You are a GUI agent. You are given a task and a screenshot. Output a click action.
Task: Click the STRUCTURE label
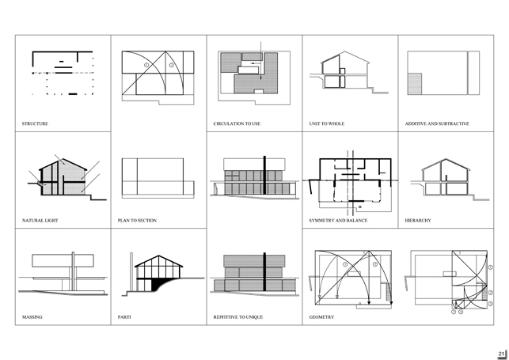(x=35, y=123)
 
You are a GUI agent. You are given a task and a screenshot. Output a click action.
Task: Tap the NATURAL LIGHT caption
(x=40, y=220)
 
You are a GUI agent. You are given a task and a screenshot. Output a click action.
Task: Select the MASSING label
(x=32, y=316)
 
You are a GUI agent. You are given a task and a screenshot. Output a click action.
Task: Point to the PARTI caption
(x=124, y=316)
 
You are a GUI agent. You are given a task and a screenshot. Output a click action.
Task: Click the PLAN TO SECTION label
(x=137, y=220)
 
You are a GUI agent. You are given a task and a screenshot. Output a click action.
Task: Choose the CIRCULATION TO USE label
(x=237, y=123)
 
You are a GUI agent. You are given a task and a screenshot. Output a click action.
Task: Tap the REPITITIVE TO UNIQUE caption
(x=238, y=316)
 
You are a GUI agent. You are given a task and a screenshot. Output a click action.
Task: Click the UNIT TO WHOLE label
(x=327, y=123)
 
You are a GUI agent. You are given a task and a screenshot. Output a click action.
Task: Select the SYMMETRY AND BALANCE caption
(x=338, y=220)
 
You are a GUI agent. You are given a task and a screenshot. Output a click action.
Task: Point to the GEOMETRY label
(x=321, y=316)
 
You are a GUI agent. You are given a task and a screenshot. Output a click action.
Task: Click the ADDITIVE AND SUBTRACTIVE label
(x=437, y=123)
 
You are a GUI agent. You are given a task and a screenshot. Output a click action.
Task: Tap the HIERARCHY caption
(x=418, y=220)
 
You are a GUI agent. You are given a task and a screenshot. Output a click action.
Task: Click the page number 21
(x=501, y=354)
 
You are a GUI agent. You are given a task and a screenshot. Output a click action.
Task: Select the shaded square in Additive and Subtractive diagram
(x=415, y=84)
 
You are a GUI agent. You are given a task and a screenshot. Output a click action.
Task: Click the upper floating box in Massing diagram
(x=63, y=260)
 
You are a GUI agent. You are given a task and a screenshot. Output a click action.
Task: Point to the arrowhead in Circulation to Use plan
(x=260, y=78)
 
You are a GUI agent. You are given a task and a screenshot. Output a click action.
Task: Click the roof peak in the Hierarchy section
(x=446, y=159)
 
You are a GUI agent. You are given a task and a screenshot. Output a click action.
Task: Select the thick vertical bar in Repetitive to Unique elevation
(x=264, y=271)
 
